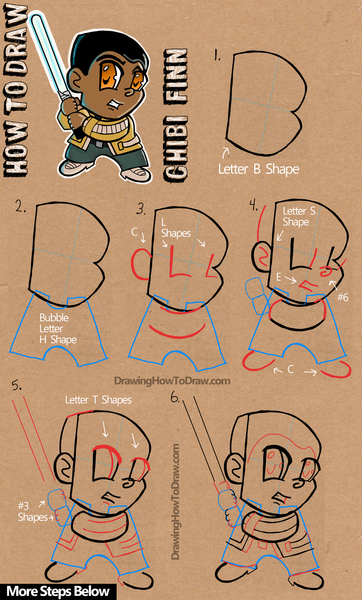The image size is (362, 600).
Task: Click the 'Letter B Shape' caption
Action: tap(259, 170)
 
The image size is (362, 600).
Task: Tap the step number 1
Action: tap(217, 55)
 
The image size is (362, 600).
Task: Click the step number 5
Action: tap(17, 386)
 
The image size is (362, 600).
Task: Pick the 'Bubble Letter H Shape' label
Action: tap(57, 329)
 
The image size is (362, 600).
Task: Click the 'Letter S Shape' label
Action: tap(299, 216)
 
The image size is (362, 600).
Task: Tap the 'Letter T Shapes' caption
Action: tap(98, 400)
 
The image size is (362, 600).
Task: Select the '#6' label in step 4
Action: tap(343, 297)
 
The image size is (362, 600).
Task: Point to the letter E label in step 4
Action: tap(278, 277)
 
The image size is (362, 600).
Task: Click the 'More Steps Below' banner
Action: tap(58, 592)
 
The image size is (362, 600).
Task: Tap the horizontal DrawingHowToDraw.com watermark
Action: tap(172, 381)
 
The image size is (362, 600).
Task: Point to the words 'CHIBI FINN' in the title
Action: tap(176, 115)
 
